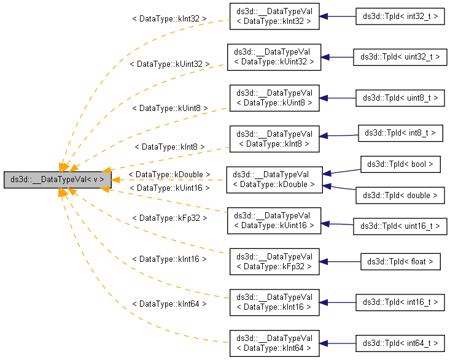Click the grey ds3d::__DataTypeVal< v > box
(x=57, y=180)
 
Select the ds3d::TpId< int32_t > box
(x=400, y=17)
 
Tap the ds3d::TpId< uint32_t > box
(x=400, y=57)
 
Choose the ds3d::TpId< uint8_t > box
(x=400, y=98)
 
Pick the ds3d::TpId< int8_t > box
(x=400, y=132)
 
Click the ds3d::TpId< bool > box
(x=400, y=164)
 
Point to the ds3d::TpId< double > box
(x=400, y=195)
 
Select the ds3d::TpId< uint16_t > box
(x=400, y=226)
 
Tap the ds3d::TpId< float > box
(x=400, y=262)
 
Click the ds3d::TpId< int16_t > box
(x=400, y=302)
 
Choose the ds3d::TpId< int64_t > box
(x=400, y=343)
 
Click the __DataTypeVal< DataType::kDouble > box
(x=274, y=180)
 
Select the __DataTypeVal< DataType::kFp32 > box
(x=274, y=261)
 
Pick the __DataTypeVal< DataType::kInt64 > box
(x=274, y=343)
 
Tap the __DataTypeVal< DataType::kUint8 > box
(x=274, y=98)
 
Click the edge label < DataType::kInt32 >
(x=169, y=19)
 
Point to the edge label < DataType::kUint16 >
(x=169, y=187)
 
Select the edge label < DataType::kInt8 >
(x=169, y=147)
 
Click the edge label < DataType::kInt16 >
(x=169, y=259)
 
